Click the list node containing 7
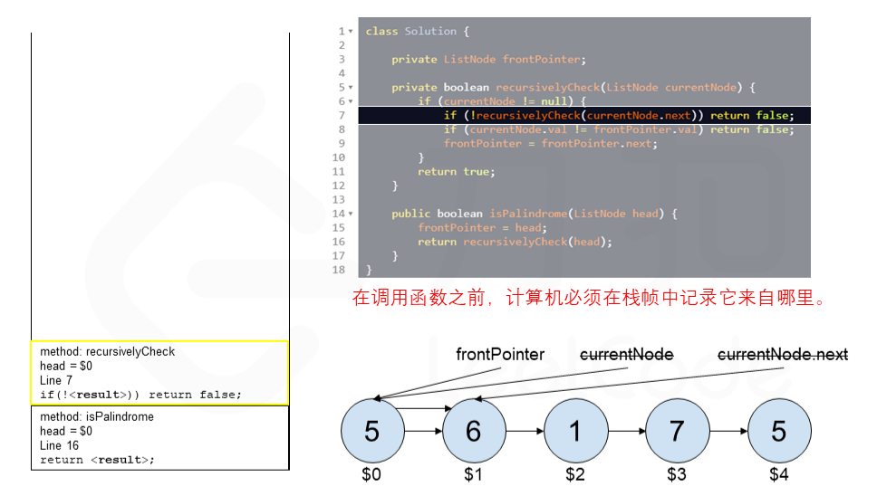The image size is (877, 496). pos(677,432)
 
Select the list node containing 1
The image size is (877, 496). pos(575,432)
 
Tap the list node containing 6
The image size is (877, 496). pos(473,432)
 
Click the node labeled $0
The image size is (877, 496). pos(371,432)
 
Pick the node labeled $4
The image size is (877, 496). pos(778,432)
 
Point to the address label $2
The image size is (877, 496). pos(575,473)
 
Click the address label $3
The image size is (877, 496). pos(677,473)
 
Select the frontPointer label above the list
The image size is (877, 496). pos(500,355)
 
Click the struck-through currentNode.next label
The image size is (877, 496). pos(783,355)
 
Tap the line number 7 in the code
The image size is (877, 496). pos(342,115)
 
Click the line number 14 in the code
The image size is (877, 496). pos(339,214)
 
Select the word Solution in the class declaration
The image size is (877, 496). pos(430,31)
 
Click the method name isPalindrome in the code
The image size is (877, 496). pos(528,214)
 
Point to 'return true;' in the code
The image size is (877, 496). pos(455,171)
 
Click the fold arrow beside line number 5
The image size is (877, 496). pos(351,88)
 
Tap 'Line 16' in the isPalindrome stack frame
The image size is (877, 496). pos(60,445)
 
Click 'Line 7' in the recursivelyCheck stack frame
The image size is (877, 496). pos(56,380)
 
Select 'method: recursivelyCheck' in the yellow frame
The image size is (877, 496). pos(107,351)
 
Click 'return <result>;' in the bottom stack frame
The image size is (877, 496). pos(97,460)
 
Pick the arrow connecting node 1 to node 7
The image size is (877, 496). pos(626,432)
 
